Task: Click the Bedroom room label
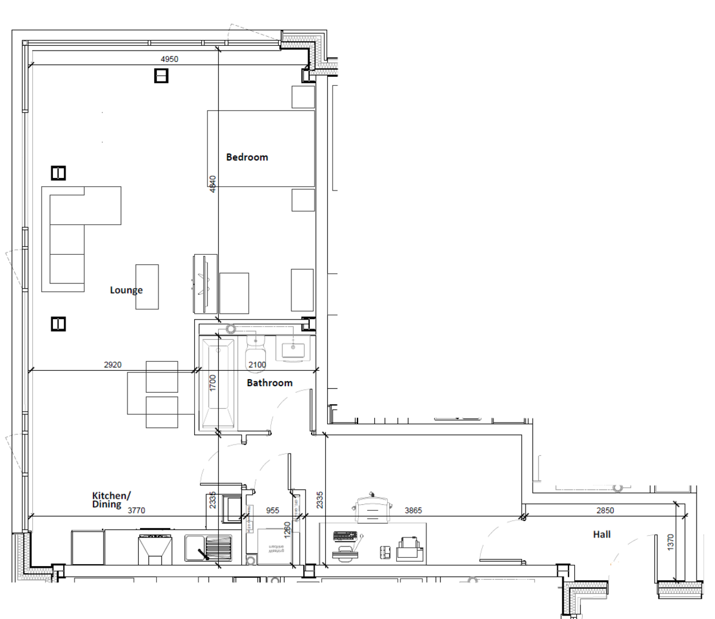coord(247,157)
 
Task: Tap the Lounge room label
coord(126,290)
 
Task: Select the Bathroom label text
coord(269,383)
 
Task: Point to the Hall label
coord(601,534)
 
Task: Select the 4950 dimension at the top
coord(169,59)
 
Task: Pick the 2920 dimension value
coord(113,365)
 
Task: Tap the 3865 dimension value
coord(413,511)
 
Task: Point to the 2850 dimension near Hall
coord(605,511)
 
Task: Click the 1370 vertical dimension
coord(670,542)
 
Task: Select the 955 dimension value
coord(272,511)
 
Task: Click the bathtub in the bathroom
coord(217,384)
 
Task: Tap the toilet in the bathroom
coord(255,351)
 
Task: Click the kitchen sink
coord(208,548)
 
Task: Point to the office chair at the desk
coord(372,509)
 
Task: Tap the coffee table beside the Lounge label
coord(147,287)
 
